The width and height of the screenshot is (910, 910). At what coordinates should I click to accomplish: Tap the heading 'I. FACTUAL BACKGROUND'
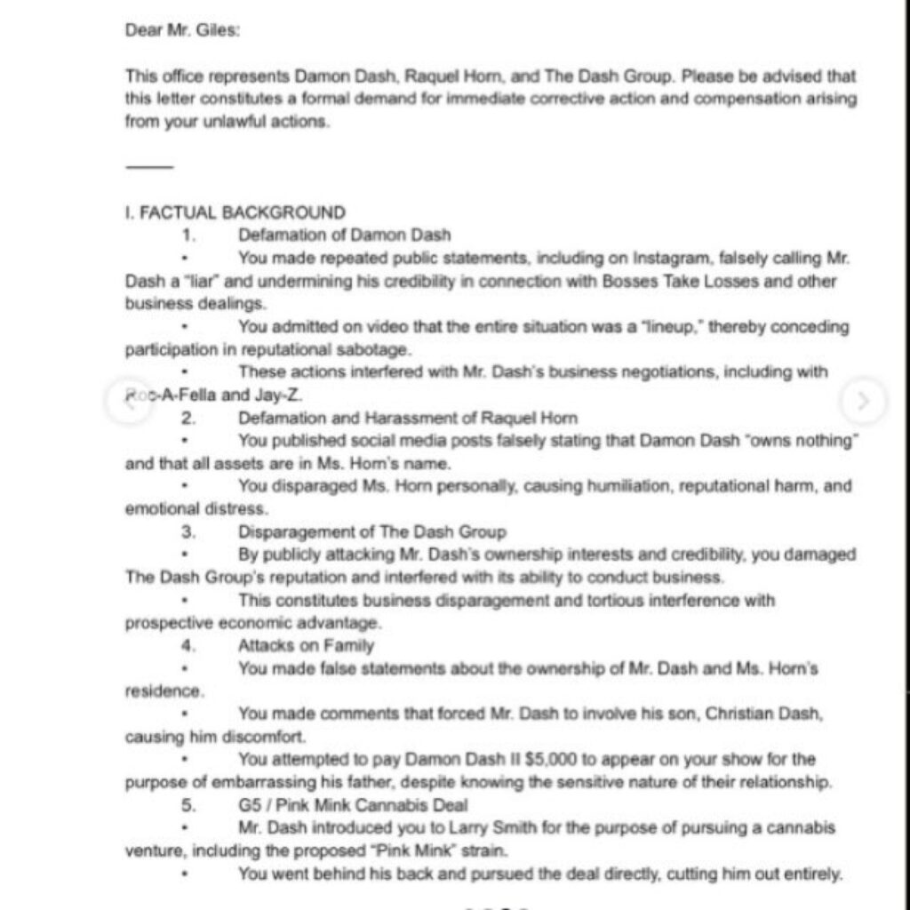pos(235,212)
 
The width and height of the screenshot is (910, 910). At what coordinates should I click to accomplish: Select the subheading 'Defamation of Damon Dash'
pos(344,235)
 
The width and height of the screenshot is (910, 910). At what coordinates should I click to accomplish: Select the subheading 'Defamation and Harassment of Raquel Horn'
pos(407,418)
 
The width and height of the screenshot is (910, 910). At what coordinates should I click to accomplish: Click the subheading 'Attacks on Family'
pos(306,646)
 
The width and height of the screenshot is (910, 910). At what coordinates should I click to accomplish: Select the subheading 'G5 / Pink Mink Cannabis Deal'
pos(354,805)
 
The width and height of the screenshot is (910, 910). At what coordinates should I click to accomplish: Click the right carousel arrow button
pos(862,400)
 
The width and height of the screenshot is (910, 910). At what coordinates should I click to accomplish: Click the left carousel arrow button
pos(126,400)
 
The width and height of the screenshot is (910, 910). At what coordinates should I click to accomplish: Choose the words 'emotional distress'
pos(196,509)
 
